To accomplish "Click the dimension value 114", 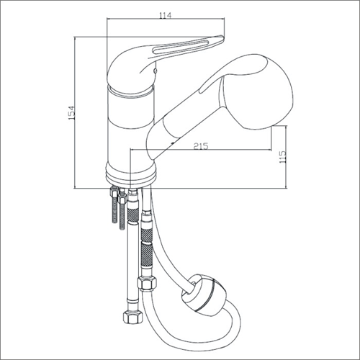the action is click(166, 15).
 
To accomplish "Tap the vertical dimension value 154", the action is click(72, 113).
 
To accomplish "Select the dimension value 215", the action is click(201, 146).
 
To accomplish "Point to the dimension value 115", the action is click(283, 157).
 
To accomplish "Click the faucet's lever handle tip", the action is click(221, 37).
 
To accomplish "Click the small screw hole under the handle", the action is click(156, 71).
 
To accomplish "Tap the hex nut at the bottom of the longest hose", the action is click(132, 318).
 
